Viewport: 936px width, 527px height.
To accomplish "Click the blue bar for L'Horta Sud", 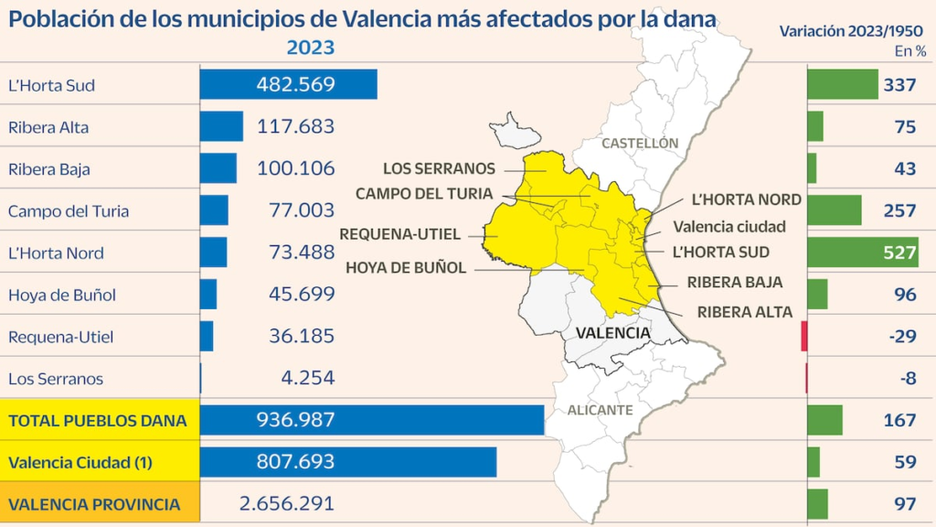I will coord(288,85).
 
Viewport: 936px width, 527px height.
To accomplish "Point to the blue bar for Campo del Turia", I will coord(214,210).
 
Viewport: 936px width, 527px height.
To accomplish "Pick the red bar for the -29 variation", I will coord(804,336).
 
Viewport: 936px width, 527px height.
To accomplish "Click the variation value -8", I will coord(907,378).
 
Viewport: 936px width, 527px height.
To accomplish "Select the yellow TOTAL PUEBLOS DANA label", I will coord(97,420).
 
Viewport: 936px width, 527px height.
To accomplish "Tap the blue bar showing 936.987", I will coord(371,420).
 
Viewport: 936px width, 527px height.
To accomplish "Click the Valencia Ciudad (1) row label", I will coord(80,462).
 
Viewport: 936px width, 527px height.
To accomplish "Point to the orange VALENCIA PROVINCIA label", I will coord(94,504).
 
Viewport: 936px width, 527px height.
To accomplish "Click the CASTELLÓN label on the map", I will coord(640,144).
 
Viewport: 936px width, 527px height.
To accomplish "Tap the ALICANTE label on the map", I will coord(600,411).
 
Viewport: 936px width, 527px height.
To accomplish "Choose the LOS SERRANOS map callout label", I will coord(439,169).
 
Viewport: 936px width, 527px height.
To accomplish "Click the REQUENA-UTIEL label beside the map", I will coord(400,234).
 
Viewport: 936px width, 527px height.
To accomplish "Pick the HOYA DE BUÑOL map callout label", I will coord(406,268).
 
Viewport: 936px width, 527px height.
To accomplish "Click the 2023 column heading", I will coord(311,48).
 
